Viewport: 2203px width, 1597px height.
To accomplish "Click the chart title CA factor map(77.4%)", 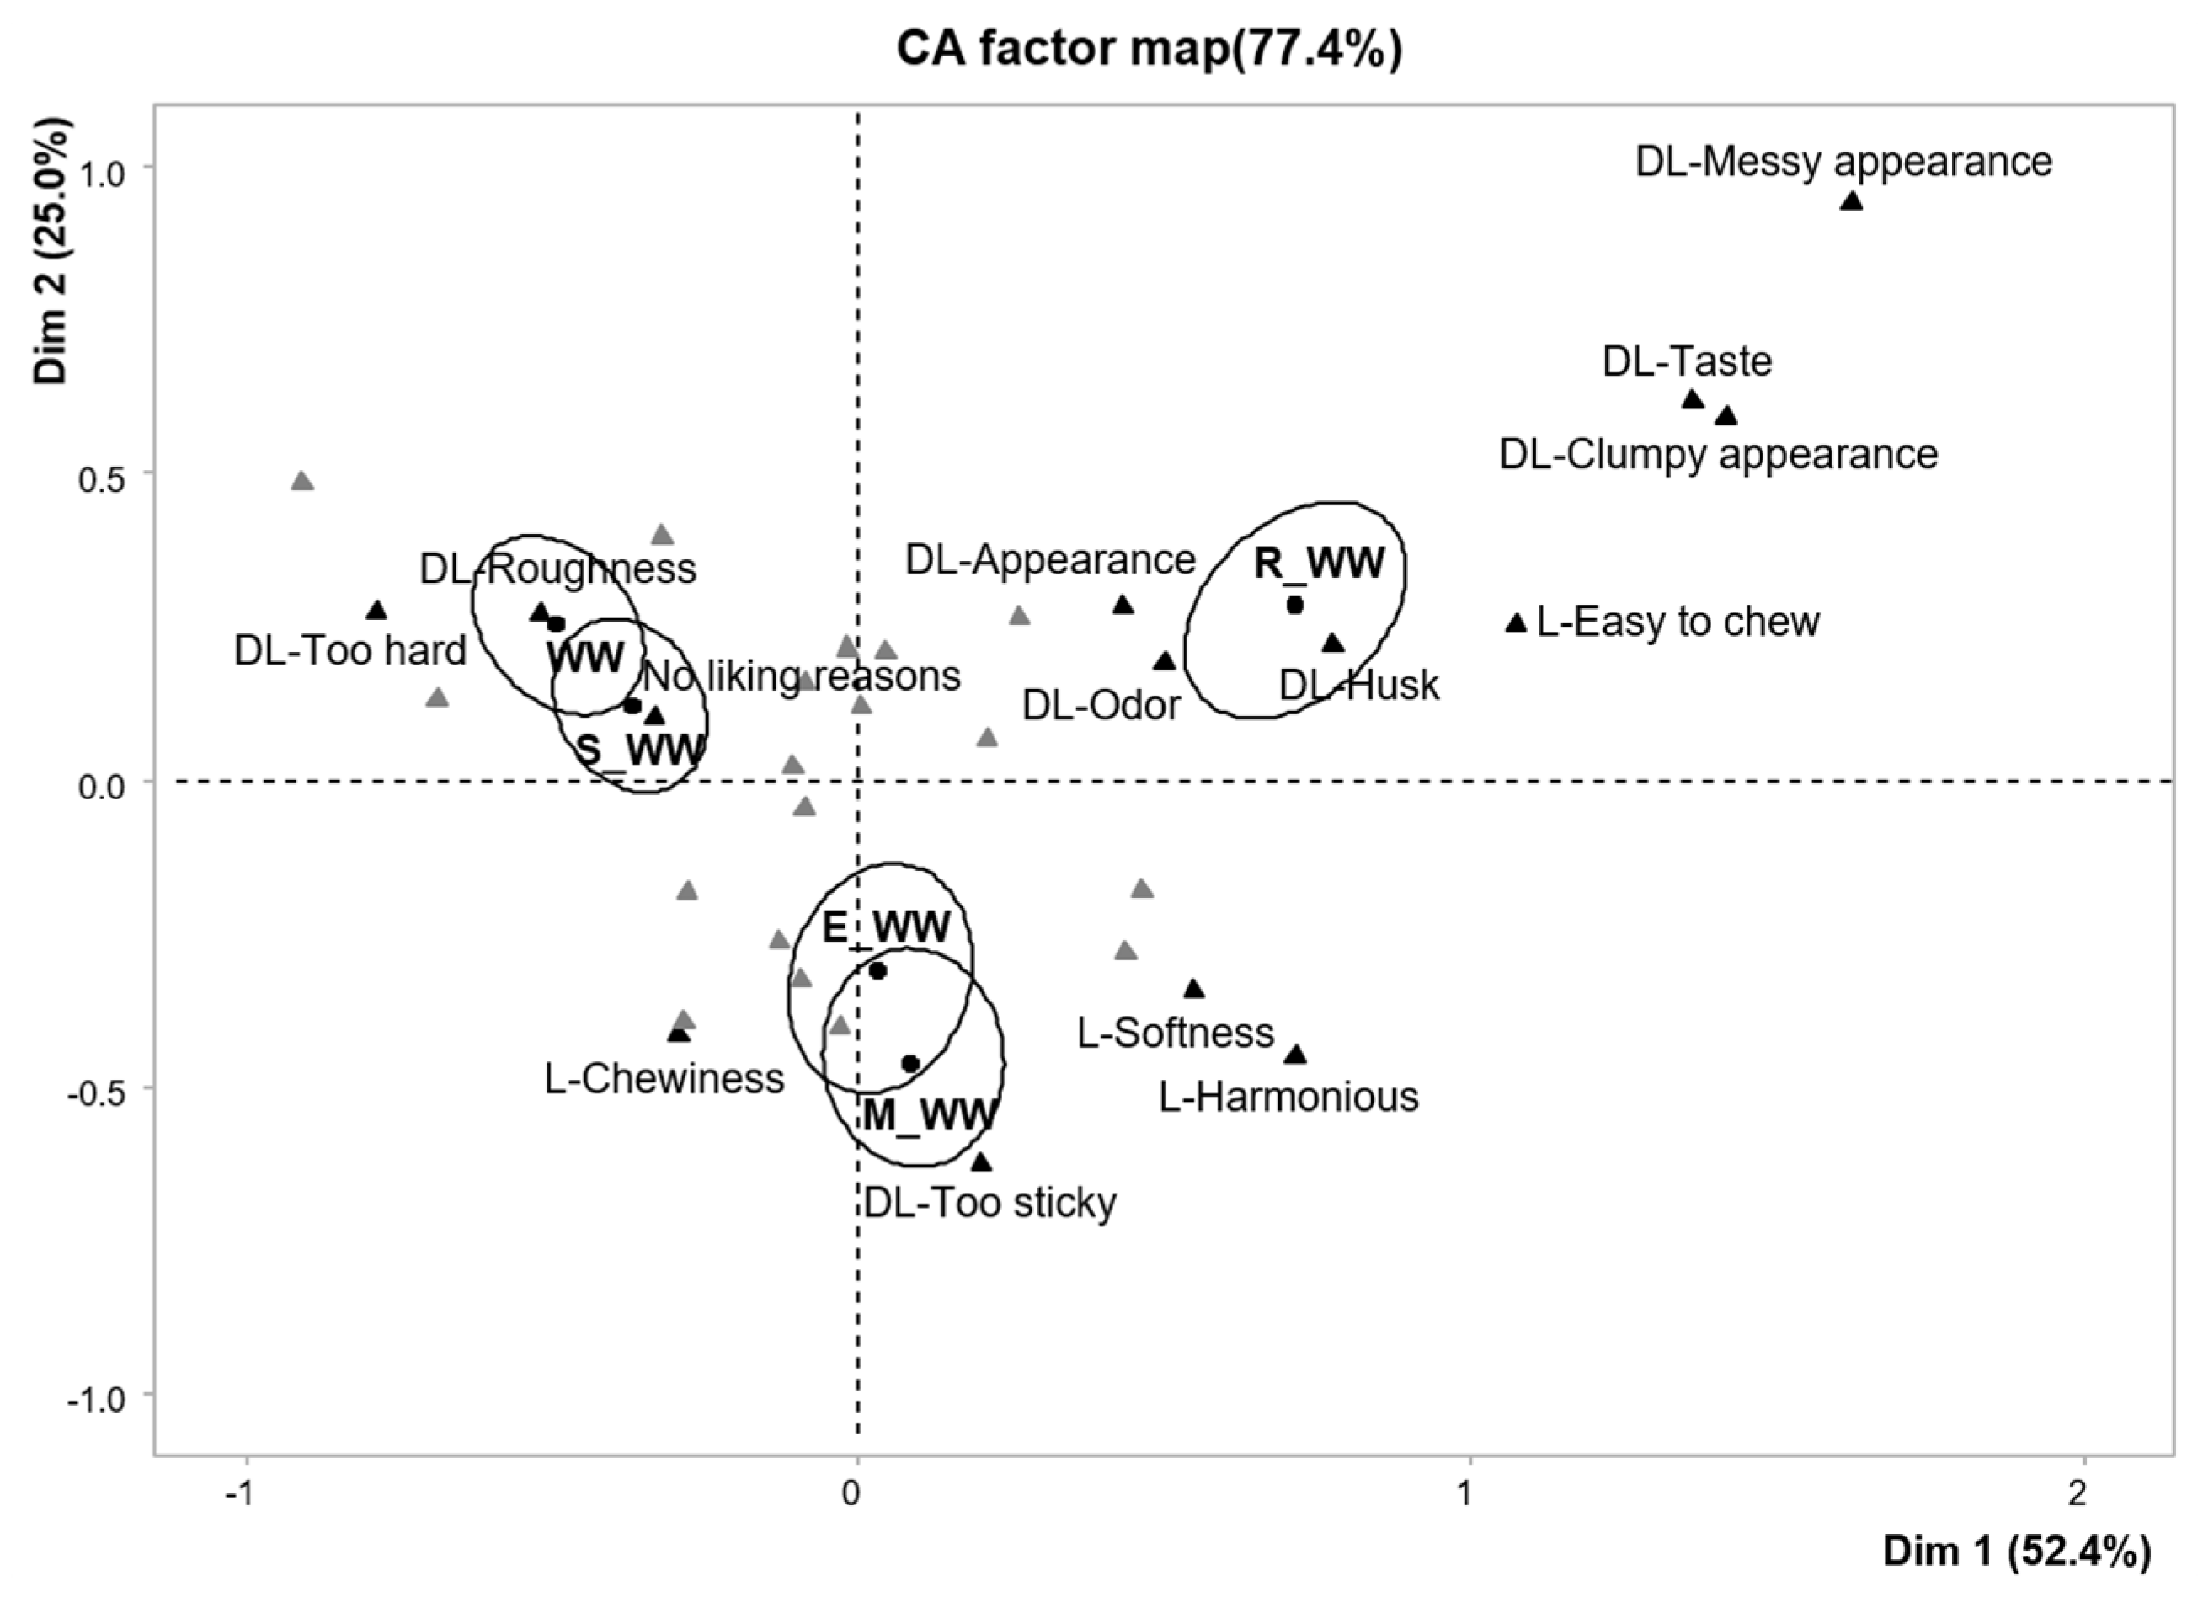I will click(x=1150, y=49).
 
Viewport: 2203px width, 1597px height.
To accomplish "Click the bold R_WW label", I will click(x=1318, y=563).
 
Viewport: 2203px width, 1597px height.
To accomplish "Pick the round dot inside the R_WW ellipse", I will click(x=1294, y=605).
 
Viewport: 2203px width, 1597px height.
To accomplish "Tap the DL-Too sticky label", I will click(x=989, y=1203).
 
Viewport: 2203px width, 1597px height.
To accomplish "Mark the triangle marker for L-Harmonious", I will click(x=1295, y=1055).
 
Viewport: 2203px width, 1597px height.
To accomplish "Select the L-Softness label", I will click(x=1176, y=1033).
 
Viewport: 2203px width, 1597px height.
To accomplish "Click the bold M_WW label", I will click(x=930, y=1114).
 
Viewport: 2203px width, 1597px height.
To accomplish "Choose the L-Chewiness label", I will click(x=664, y=1078).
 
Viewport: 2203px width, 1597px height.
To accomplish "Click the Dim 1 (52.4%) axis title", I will click(x=2017, y=1552).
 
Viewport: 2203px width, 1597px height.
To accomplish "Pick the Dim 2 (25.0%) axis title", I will click(x=51, y=251).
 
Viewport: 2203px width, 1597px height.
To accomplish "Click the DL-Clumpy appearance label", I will click(x=1718, y=455).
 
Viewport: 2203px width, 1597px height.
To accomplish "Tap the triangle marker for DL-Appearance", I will click(x=1123, y=605).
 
